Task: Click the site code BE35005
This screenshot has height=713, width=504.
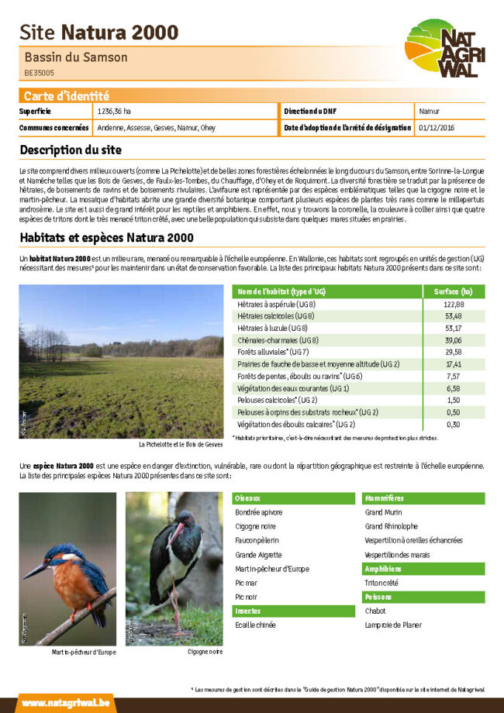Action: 39,74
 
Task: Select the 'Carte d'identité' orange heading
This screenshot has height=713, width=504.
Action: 67,96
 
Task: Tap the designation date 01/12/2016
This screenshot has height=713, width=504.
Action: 436,127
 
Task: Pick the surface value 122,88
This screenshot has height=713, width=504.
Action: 454,305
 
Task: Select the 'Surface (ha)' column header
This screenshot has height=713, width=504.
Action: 454,291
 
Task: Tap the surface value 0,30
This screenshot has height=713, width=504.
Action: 454,424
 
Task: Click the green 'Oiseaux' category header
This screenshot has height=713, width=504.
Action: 248,498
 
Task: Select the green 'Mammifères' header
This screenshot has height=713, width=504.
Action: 384,498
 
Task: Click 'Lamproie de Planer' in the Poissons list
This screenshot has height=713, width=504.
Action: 393,625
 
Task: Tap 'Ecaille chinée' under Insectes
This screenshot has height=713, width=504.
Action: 255,625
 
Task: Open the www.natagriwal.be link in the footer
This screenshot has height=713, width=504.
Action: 65,703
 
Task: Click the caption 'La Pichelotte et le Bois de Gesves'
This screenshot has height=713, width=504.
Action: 181,445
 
